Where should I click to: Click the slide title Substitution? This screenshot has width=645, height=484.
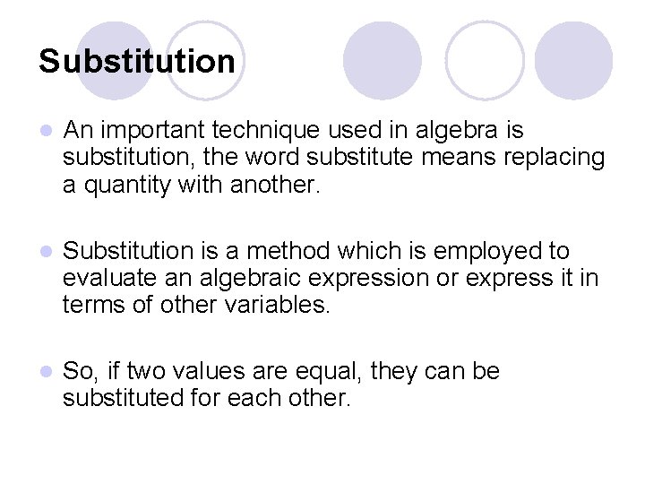pyautogui.click(x=137, y=62)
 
